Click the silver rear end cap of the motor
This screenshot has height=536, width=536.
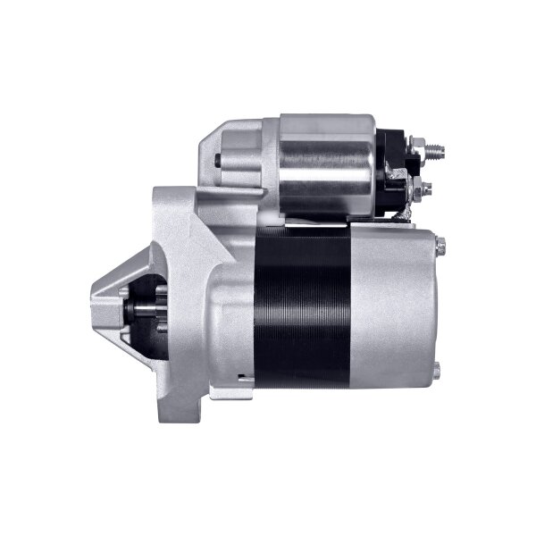(x=393, y=308)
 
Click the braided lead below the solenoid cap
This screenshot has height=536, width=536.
(x=404, y=213)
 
